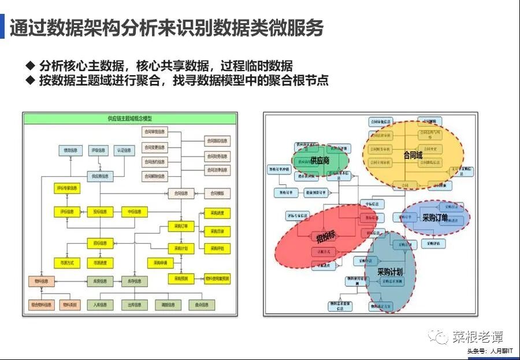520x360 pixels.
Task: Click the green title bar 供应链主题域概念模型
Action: click(129, 118)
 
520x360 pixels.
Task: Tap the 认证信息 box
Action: click(123, 151)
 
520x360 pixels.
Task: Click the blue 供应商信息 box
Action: click(99, 176)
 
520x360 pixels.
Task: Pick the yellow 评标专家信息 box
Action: click(68, 189)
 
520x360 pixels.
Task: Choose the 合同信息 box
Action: click(181, 193)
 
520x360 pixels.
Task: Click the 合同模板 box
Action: click(217, 193)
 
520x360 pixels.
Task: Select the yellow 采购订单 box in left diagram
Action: click(181, 226)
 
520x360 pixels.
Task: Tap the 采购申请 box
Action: click(161, 263)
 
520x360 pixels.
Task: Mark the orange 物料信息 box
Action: click(41, 281)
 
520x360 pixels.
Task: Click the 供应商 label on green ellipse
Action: click(320, 161)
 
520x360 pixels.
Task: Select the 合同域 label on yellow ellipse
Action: click(413, 155)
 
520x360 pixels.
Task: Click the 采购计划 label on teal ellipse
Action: click(389, 272)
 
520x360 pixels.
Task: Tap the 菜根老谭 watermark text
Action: click(477, 337)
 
